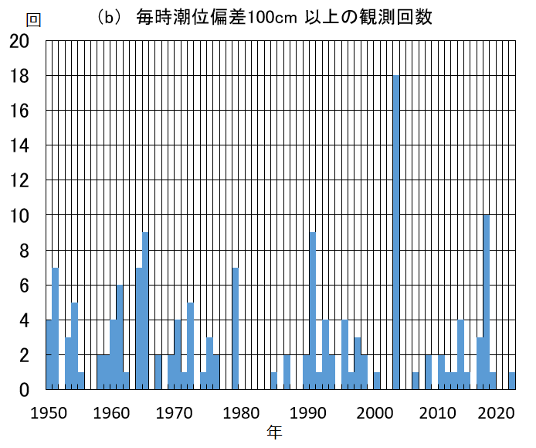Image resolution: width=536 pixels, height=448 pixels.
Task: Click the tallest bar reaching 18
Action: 396,232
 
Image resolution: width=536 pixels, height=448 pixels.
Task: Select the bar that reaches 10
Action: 486,302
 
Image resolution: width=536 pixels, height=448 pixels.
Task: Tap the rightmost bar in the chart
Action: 511,381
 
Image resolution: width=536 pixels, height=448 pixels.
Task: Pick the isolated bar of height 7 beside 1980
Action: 235,328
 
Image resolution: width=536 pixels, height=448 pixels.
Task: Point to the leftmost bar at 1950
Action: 49,354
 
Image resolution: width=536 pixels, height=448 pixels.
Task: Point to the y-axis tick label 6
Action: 23,285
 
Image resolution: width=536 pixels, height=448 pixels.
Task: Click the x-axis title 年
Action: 275,432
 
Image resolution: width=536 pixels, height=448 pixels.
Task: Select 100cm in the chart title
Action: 270,17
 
